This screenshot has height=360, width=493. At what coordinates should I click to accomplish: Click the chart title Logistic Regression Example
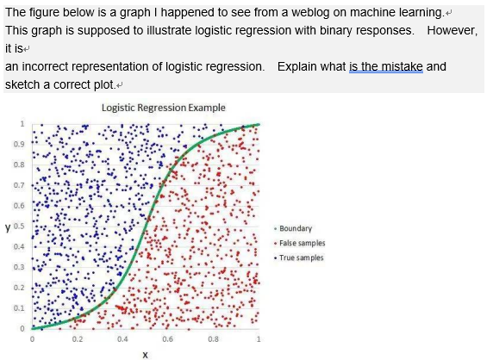point(163,108)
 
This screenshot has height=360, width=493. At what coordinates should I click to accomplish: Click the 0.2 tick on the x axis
point(78,338)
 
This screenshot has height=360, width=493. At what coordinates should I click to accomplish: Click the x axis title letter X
point(146,353)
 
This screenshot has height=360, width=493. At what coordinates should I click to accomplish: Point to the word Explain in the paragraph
point(300,66)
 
